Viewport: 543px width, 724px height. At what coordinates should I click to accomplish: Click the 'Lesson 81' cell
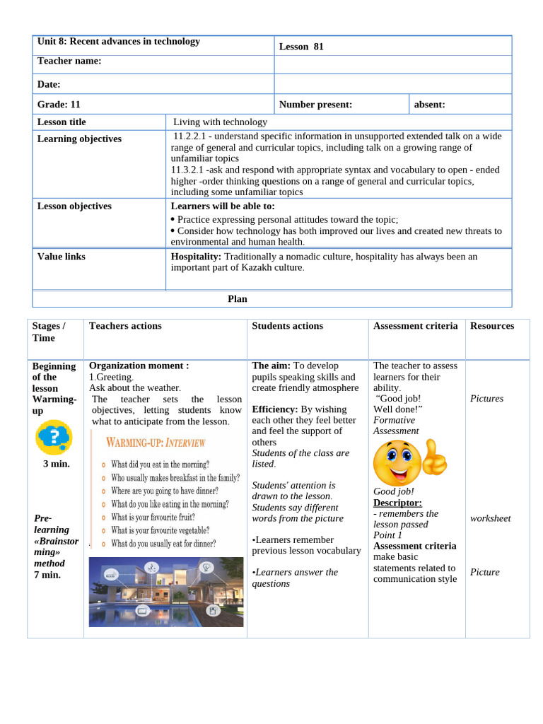[301, 47]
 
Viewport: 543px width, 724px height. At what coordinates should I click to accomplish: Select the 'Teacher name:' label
[69, 62]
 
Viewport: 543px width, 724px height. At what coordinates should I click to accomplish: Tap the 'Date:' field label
[49, 85]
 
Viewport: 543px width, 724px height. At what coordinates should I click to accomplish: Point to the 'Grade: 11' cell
[59, 105]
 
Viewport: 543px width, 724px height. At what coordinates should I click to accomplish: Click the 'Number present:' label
[315, 105]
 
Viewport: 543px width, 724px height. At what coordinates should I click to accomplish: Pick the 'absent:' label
[429, 105]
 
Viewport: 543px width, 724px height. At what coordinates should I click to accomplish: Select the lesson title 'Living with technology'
[220, 122]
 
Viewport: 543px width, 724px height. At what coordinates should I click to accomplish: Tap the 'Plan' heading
[238, 299]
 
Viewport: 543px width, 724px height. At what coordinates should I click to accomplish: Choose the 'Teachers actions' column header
[125, 326]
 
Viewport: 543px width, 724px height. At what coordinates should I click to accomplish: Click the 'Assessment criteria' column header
[415, 326]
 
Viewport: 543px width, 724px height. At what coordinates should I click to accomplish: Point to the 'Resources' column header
[492, 326]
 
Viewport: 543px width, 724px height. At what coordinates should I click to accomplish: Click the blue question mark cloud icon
[54, 438]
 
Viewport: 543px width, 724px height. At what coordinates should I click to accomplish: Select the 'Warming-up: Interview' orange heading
[156, 443]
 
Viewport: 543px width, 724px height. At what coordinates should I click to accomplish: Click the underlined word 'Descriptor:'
[397, 503]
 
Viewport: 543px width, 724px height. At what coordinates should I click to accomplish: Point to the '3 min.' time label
[57, 464]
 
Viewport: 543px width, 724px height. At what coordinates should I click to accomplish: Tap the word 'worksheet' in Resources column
[490, 518]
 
